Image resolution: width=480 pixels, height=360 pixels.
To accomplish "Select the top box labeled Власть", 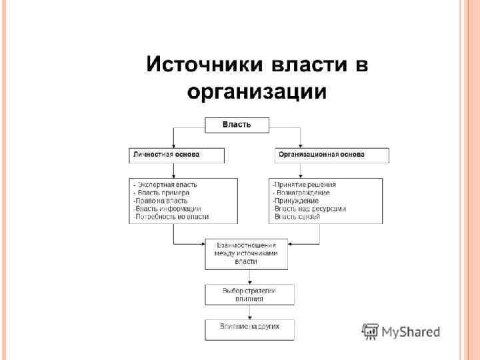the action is pos(237,125).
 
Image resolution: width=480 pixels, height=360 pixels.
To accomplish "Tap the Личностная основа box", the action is pos(177,155).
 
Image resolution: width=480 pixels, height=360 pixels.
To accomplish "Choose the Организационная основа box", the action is pos(332,155).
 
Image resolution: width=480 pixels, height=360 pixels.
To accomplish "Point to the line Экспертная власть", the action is pos(167,185).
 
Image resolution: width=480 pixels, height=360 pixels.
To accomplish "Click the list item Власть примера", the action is pos(163,193).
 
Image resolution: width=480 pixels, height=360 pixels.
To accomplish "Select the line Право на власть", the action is pos(161,201).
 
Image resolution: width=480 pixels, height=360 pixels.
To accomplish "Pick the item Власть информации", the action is pos(167,209).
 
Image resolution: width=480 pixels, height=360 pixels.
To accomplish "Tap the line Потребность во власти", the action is pos(171,217).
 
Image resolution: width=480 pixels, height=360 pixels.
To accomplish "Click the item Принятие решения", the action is pos(304,185).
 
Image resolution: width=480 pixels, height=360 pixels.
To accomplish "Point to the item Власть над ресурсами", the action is pos(309,209).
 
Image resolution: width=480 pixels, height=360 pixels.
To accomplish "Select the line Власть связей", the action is pos(299,217).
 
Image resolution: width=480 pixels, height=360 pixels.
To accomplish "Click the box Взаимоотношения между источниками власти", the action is pos(246,253).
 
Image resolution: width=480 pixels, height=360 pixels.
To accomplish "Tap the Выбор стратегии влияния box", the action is pos(249,295).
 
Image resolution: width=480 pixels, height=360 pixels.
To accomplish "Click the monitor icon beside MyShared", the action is pos(370,331).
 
